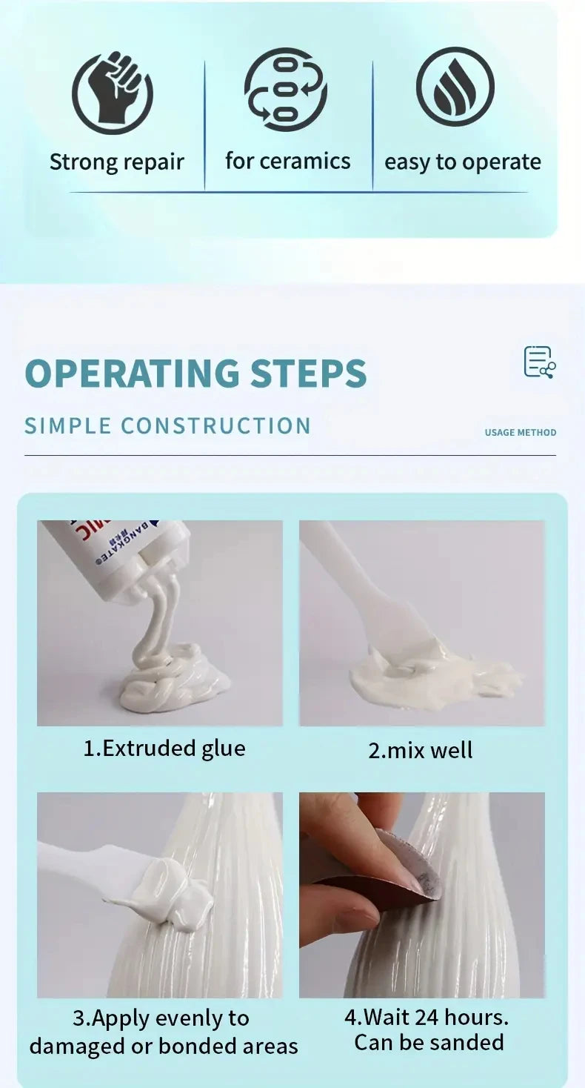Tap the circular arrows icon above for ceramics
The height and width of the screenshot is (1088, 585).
coord(286,88)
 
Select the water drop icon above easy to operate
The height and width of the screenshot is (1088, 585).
coord(455,87)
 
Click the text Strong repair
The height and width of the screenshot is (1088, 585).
coord(116,162)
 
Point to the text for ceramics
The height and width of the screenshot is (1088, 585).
coord(287,161)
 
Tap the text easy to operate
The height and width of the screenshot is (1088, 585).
coord(462,162)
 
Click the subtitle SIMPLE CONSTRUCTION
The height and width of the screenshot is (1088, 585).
coord(167,426)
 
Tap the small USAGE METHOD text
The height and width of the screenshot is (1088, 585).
coord(520,432)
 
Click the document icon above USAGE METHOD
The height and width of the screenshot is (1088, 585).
coord(539,362)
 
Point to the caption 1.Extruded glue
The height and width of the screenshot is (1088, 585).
coord(164,749)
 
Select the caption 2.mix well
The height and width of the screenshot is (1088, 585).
coord(420,750)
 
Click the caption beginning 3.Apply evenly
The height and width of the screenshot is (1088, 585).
coord(163,1032)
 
